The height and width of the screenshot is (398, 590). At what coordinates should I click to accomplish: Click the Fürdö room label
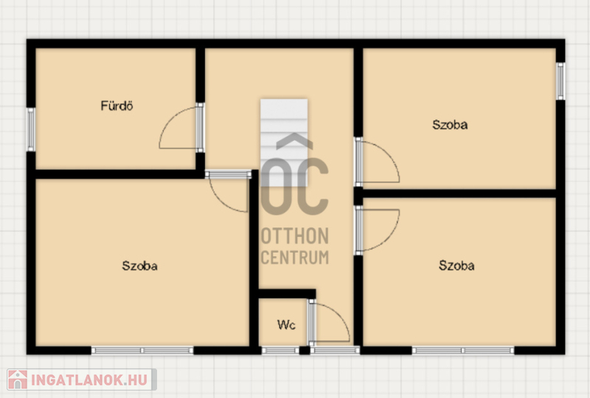(x=117, y=106)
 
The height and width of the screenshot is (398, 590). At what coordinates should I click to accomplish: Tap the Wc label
(x=286, y=324)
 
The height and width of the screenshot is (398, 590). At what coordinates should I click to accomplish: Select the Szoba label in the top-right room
(x=450, y=125)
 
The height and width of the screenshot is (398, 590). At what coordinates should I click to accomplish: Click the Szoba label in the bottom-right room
(x=457, y=266)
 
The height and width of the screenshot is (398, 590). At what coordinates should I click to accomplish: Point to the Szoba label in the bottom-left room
(x=139, y=266)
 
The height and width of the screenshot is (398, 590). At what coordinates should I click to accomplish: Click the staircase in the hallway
(x=284, y=143)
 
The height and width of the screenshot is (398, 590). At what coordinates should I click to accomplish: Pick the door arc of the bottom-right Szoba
(x=389, y=239)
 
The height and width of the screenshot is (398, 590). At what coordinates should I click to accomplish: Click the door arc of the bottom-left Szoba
(x=219, y=202)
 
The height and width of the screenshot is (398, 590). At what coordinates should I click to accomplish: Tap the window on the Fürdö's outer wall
(x=31, y=130)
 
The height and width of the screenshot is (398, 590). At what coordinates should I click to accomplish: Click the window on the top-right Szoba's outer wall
(x=560, y=81)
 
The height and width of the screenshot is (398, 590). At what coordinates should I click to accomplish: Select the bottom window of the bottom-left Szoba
(x=142, y=351)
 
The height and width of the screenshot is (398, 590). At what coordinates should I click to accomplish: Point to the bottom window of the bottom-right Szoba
(x=463, y=351)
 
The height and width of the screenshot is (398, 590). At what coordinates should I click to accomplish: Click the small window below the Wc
(x=280, y=351)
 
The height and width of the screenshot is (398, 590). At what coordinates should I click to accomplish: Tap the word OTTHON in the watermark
(x=295, y=236)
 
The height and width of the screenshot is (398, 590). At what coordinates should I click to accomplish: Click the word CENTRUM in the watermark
(x=295, y=258)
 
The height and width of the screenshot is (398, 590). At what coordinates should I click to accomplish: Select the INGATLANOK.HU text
(x=89, y=380)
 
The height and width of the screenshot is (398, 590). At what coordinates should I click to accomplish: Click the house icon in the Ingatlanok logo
(x=17, y=380)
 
